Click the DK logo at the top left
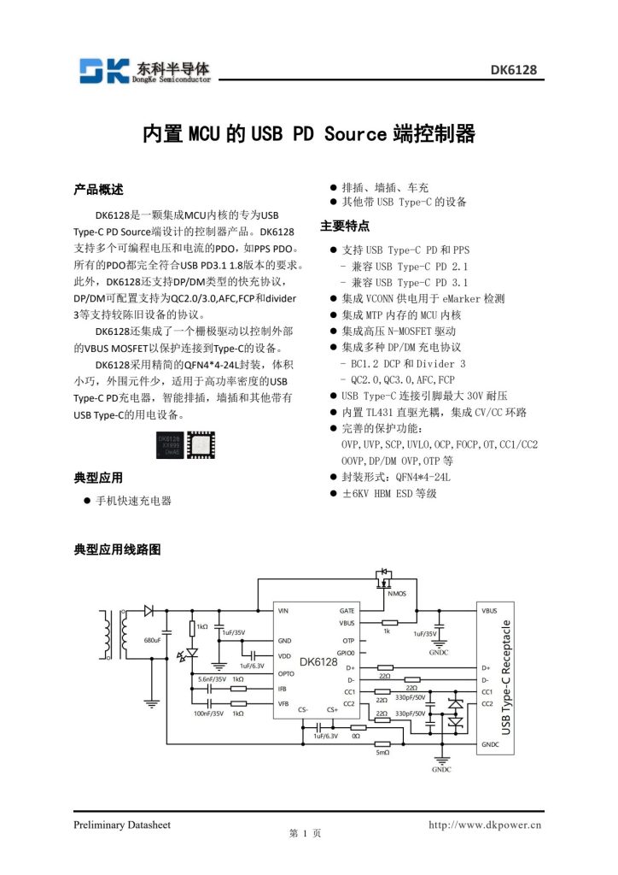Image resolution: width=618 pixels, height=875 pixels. coord(103,70)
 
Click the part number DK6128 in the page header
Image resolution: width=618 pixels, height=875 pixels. coord(513,70)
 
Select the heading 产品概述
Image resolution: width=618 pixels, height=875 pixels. coord(99,189)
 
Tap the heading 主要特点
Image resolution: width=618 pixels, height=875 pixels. coord(345,226)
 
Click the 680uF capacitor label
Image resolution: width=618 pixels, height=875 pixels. coord(153,639)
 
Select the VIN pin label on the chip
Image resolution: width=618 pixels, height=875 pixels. coord(283,611)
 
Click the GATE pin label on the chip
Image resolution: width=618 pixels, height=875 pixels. coord(347,611)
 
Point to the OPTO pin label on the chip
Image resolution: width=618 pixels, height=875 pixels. coord(286,673)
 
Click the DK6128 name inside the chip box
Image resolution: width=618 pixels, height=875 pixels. coord(318,661)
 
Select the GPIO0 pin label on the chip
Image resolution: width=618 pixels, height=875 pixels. coord(345,652)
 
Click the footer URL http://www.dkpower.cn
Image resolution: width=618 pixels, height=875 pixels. coord(484,825)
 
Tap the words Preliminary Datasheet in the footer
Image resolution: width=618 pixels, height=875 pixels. coord(121,825)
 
